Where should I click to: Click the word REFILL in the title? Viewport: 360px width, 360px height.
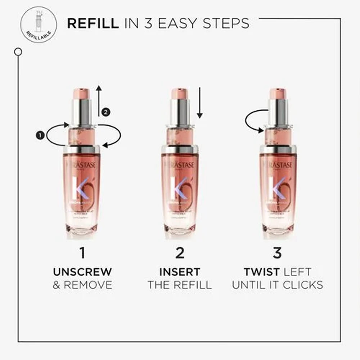click(x=93, y=23)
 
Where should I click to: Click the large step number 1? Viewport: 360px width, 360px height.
click(x=82, y=253)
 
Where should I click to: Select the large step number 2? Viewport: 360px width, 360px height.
click(x=180, y=253)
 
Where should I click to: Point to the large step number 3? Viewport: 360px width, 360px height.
click(x=277, y=253)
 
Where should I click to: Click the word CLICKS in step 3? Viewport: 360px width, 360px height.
click(x=303, y=285)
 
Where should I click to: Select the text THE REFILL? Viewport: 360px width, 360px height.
click(x=180, y=285)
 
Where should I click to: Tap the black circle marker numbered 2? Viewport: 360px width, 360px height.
click(x=105, y=112)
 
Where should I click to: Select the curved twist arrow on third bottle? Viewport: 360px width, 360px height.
click(x=254, y=122)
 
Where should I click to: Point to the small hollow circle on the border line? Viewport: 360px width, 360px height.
click(x=18, y=52)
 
